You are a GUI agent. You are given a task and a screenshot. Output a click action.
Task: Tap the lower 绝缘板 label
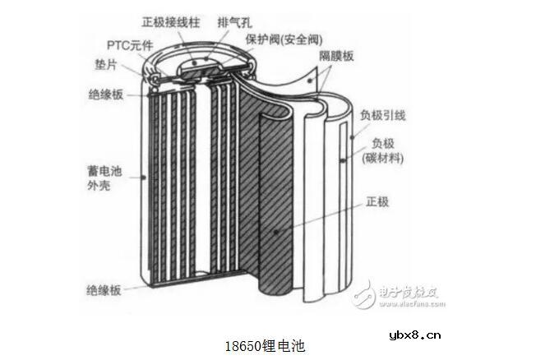tap(104, 290)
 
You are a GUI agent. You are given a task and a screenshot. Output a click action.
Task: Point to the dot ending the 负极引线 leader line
tap(352, 138)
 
